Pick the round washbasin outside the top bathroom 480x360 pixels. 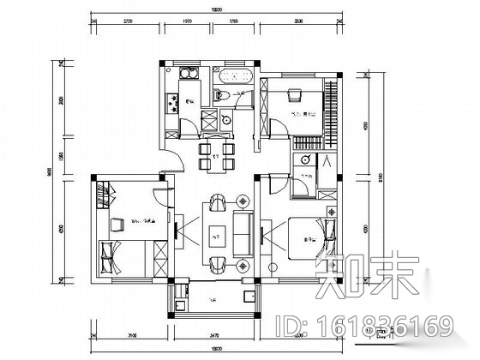click(227, 121)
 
